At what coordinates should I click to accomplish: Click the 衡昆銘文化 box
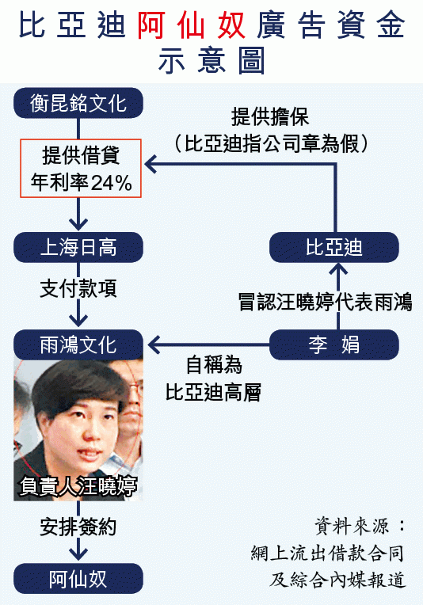[78, 103]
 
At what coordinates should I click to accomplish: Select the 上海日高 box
[78, 247]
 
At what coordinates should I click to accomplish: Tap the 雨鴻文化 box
[78, 344]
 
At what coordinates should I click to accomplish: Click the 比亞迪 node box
[333, 247]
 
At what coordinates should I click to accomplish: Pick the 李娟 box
[333, 344]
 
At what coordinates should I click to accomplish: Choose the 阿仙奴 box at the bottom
[78, 578]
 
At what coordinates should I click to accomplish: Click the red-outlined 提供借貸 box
[81, 168]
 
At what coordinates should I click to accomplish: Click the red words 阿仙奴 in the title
[192, 25]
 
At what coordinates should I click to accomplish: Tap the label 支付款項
[78, 288]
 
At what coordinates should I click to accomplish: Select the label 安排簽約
[78, 527]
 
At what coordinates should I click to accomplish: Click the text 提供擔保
[270, 116]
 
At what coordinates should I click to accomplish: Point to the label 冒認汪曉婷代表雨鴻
[326, 302]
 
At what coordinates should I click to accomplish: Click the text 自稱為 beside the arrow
[214, 365]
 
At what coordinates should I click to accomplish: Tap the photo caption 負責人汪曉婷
[78, 485]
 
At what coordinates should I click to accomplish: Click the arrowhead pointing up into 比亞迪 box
[338, 268]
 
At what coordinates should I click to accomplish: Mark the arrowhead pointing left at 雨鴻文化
[153, 344]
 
